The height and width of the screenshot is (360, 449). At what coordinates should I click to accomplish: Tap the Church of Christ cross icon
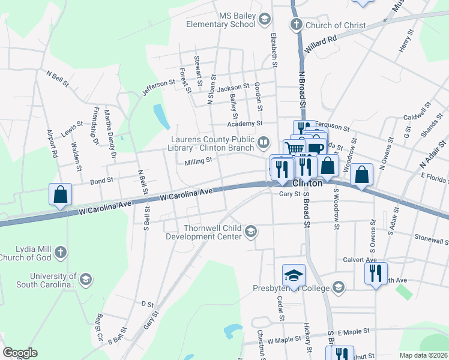click(x=295, y=25)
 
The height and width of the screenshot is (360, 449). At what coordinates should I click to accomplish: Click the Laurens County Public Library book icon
click(x=263, y=143)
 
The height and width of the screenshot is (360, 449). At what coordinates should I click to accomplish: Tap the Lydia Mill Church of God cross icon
click(x=59, y=253)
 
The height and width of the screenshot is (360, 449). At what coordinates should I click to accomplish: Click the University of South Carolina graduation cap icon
click(x=85, y=279)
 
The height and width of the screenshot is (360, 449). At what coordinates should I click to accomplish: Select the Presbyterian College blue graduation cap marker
click(x=294, y=275)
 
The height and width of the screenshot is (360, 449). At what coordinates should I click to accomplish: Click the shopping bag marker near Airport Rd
click(x=60, y=194)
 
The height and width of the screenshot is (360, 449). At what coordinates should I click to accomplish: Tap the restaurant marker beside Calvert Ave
click(x=376, y=273)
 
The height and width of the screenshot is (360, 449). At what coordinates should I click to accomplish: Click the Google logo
click(x=19, y=353)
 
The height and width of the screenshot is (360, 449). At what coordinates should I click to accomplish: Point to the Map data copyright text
click(x=424, y=355)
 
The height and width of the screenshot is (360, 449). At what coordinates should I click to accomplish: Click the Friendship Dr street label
click(x=95, y=126)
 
